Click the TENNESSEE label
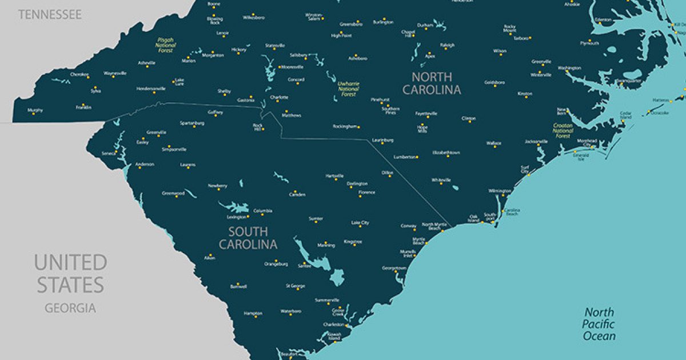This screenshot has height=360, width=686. [x=50, y=14]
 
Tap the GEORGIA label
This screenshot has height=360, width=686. [x=70, y=308]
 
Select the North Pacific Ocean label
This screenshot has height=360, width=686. [x=599, y=324]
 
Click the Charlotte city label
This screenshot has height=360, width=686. [x=279, y=97]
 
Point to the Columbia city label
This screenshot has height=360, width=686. [x=263, y=210]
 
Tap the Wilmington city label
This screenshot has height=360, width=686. [x=500, y=190]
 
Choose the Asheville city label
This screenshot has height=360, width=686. [x=146, y=62]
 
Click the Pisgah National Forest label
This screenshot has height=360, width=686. [x=165, y=45]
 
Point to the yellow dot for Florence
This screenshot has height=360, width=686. [x=360, y=197]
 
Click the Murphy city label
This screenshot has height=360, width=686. [x=35, y=110]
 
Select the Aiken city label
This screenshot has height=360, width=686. [x=209, y=258]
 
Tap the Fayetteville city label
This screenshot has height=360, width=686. [x=426, y=113]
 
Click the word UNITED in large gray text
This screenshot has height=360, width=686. [x=70, y=263]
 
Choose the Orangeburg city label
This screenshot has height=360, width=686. [x=276, y=263]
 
